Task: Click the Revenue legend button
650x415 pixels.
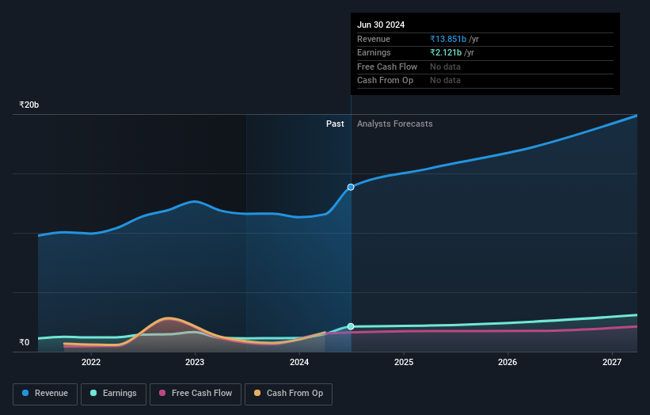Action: coord(44,393)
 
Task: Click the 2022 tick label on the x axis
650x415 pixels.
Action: coord(91,362)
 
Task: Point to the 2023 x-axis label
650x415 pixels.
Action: coord(195,362)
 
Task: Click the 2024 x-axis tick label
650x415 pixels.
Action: coord(299,362)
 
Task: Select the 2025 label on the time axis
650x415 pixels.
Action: coord(404,362)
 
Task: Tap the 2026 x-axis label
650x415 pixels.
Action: coord(507,362)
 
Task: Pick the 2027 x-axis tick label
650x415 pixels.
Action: coord(612,362)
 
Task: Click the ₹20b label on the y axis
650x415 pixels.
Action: coord(29,105)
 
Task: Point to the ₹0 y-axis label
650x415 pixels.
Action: coord(25,342)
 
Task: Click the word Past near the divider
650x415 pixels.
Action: coord(335,124)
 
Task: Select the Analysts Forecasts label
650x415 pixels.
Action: coord(394,124)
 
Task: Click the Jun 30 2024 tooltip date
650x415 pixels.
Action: coord(381,25)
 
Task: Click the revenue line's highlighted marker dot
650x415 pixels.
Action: coord(351,187)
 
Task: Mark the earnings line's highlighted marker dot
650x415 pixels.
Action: coord(351,326)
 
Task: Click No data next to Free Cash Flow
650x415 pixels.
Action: coord(445,67)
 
